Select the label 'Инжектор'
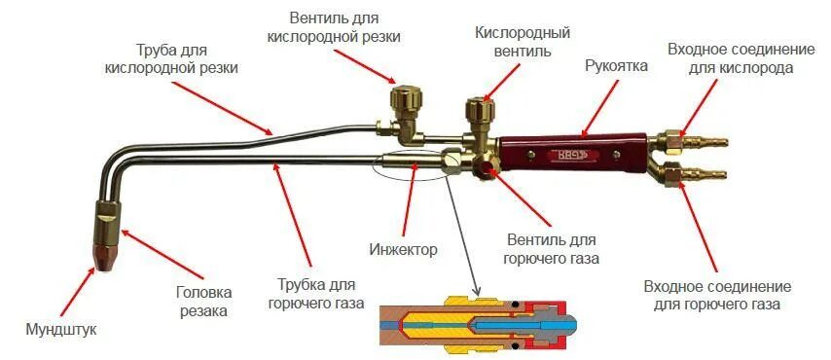(403, 250)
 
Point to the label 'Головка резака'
(202, 301)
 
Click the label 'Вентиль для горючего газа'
(552, 248)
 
